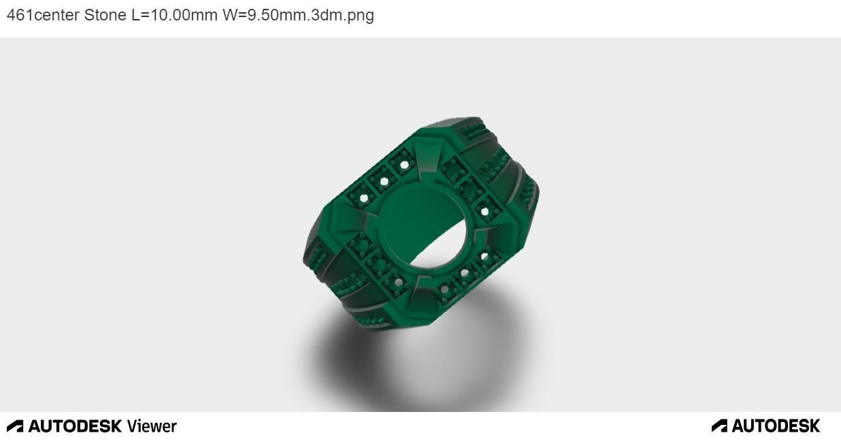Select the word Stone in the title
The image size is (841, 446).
(105, 15)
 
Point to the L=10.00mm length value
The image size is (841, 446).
(174, 15)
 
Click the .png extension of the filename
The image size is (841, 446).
(359, 15)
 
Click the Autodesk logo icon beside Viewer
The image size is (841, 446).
(15, 426)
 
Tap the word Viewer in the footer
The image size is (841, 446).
(152, 426)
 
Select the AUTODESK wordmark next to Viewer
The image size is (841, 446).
(76, 426)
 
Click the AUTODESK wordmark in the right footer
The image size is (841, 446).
(776, 426)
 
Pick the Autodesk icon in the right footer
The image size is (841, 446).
(719, 426)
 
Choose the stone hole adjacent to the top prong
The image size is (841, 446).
(405, 164)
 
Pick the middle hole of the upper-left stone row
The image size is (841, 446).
(384, 180)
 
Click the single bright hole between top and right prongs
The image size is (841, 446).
(484, 212)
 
